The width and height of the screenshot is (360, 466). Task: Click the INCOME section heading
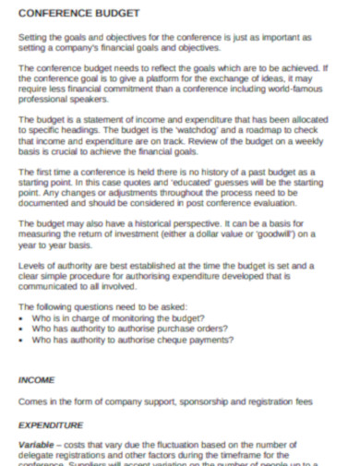(37, 378)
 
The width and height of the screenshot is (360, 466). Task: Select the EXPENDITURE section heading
(51, 424)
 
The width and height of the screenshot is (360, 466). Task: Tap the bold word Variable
(38, 444)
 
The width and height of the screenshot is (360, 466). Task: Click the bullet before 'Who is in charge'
(22, 316)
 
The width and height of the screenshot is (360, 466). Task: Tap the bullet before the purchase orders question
(22, 327)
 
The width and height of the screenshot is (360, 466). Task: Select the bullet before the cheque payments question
(22, 339)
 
